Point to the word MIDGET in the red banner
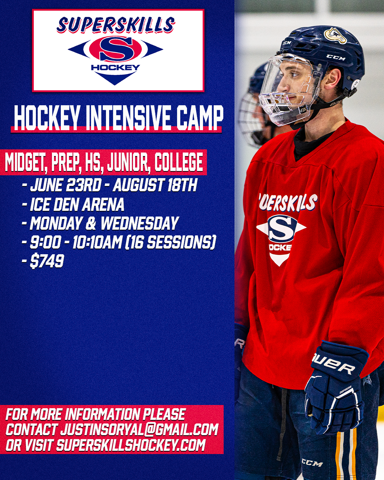click(x=26, y=162)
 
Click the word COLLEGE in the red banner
click(x=179, y=162)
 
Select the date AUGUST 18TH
click(x=155, y=185)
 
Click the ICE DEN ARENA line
click(x=77, y=204)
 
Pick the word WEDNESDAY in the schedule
click(x=140, y=223)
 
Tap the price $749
click(x=47, y=261)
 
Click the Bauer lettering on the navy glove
click(x=334, y=366)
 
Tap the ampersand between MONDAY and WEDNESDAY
click(x=91, y=223)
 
